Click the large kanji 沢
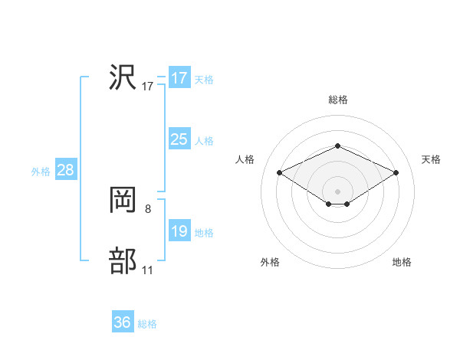(123, 78)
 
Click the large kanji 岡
(123, 201)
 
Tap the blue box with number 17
(179, 78)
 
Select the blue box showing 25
(179, 139)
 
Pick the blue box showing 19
(179, 231)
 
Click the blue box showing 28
(65, 170)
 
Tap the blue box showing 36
(122, 322)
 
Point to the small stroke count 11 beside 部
(147, 270)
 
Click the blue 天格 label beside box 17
(204, 80)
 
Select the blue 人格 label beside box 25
(204, 141)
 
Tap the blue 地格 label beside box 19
(204, 233)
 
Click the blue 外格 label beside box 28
(41, 172)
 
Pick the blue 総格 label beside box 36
(147, 324)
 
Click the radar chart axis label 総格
(337, 100)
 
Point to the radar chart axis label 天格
(431, 159)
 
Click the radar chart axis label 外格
(270, 262)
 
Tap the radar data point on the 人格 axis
(280, 173)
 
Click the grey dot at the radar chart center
(337, 191)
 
